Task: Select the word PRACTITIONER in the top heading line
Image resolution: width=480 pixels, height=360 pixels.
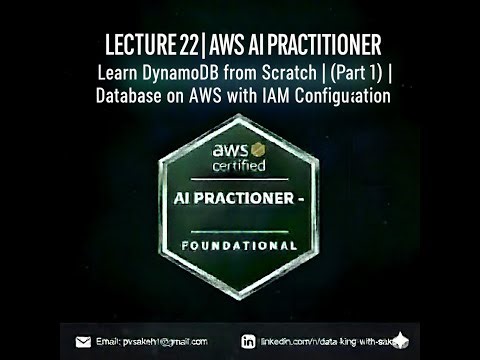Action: [315, 46]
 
